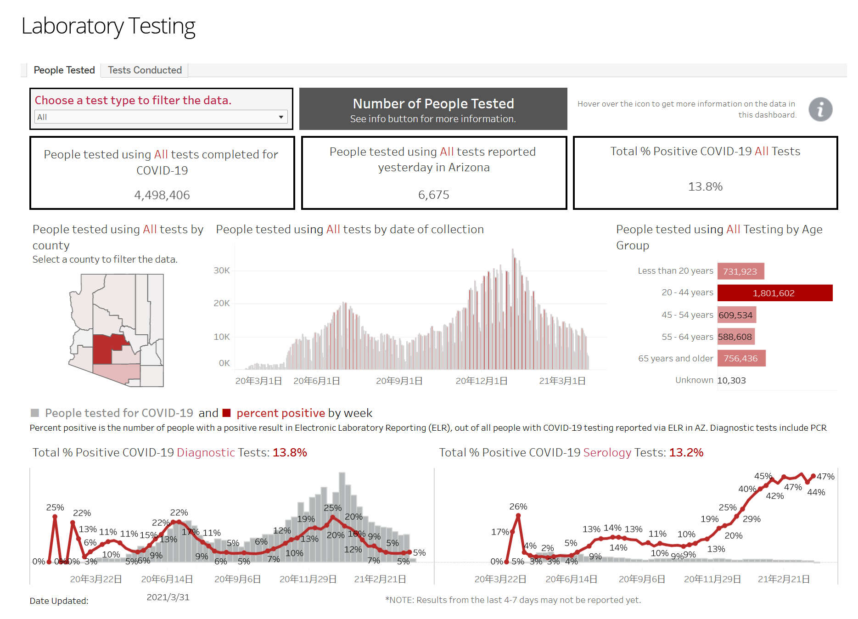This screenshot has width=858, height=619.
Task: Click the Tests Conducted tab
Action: pos(145,70)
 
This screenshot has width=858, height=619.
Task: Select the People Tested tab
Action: pos(64,70)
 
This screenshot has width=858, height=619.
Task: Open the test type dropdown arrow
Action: pos(281,117)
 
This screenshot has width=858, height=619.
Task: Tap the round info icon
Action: pos(820,109)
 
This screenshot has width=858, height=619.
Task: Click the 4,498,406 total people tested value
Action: pos(162,195)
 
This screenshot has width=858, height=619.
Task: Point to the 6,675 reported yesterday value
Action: pos(433,195)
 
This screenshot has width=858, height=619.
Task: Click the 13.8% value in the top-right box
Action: pos(705,186)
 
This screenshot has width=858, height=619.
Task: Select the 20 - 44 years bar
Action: pos(775,293)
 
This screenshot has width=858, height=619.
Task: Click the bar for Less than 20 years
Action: pos(740,271)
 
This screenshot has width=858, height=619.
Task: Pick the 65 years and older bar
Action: pos(741,358)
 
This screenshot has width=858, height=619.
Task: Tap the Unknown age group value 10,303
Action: pos(731,380)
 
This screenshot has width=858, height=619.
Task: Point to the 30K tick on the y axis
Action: pos(222,270)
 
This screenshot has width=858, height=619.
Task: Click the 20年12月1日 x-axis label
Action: pos(482,381)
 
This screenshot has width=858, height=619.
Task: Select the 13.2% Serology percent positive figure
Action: pos(686,453)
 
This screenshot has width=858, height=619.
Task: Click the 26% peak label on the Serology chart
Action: pos(518,506)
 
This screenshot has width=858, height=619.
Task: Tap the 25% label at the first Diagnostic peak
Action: pos(55,507)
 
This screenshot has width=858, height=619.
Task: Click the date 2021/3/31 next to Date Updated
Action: pos(168,597)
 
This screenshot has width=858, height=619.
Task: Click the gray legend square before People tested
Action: pos(35,413)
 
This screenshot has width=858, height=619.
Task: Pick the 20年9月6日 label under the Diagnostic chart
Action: pos(237,580)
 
